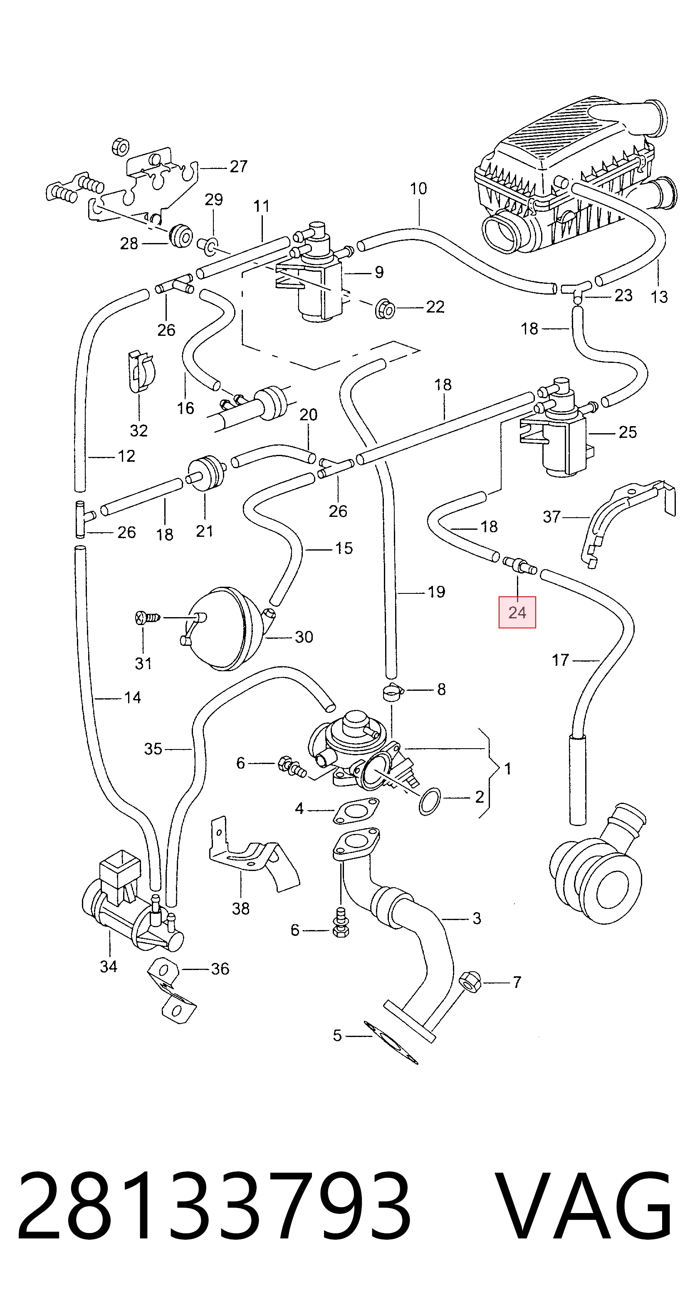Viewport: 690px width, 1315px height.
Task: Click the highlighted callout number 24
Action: [x=517, y=612]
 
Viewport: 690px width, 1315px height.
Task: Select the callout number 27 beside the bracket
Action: [x=238, y=166]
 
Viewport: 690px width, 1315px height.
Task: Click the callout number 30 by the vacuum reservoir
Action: [x=304, y=637]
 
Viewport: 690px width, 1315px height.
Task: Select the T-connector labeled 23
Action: [x=576, y=292]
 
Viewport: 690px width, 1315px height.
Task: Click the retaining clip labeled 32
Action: [x=141, y=371]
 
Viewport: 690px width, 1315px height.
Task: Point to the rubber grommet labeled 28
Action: [x=180, y=236]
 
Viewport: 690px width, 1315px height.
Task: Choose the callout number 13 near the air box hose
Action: [x=659, y=297]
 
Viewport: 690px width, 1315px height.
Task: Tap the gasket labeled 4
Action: [x=356, y=811]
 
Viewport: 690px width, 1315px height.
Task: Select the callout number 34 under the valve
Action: [x=108, y=966]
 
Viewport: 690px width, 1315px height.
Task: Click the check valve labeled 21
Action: [x=206, y=473]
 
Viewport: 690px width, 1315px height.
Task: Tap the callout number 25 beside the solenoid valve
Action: [x=627, y=432]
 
